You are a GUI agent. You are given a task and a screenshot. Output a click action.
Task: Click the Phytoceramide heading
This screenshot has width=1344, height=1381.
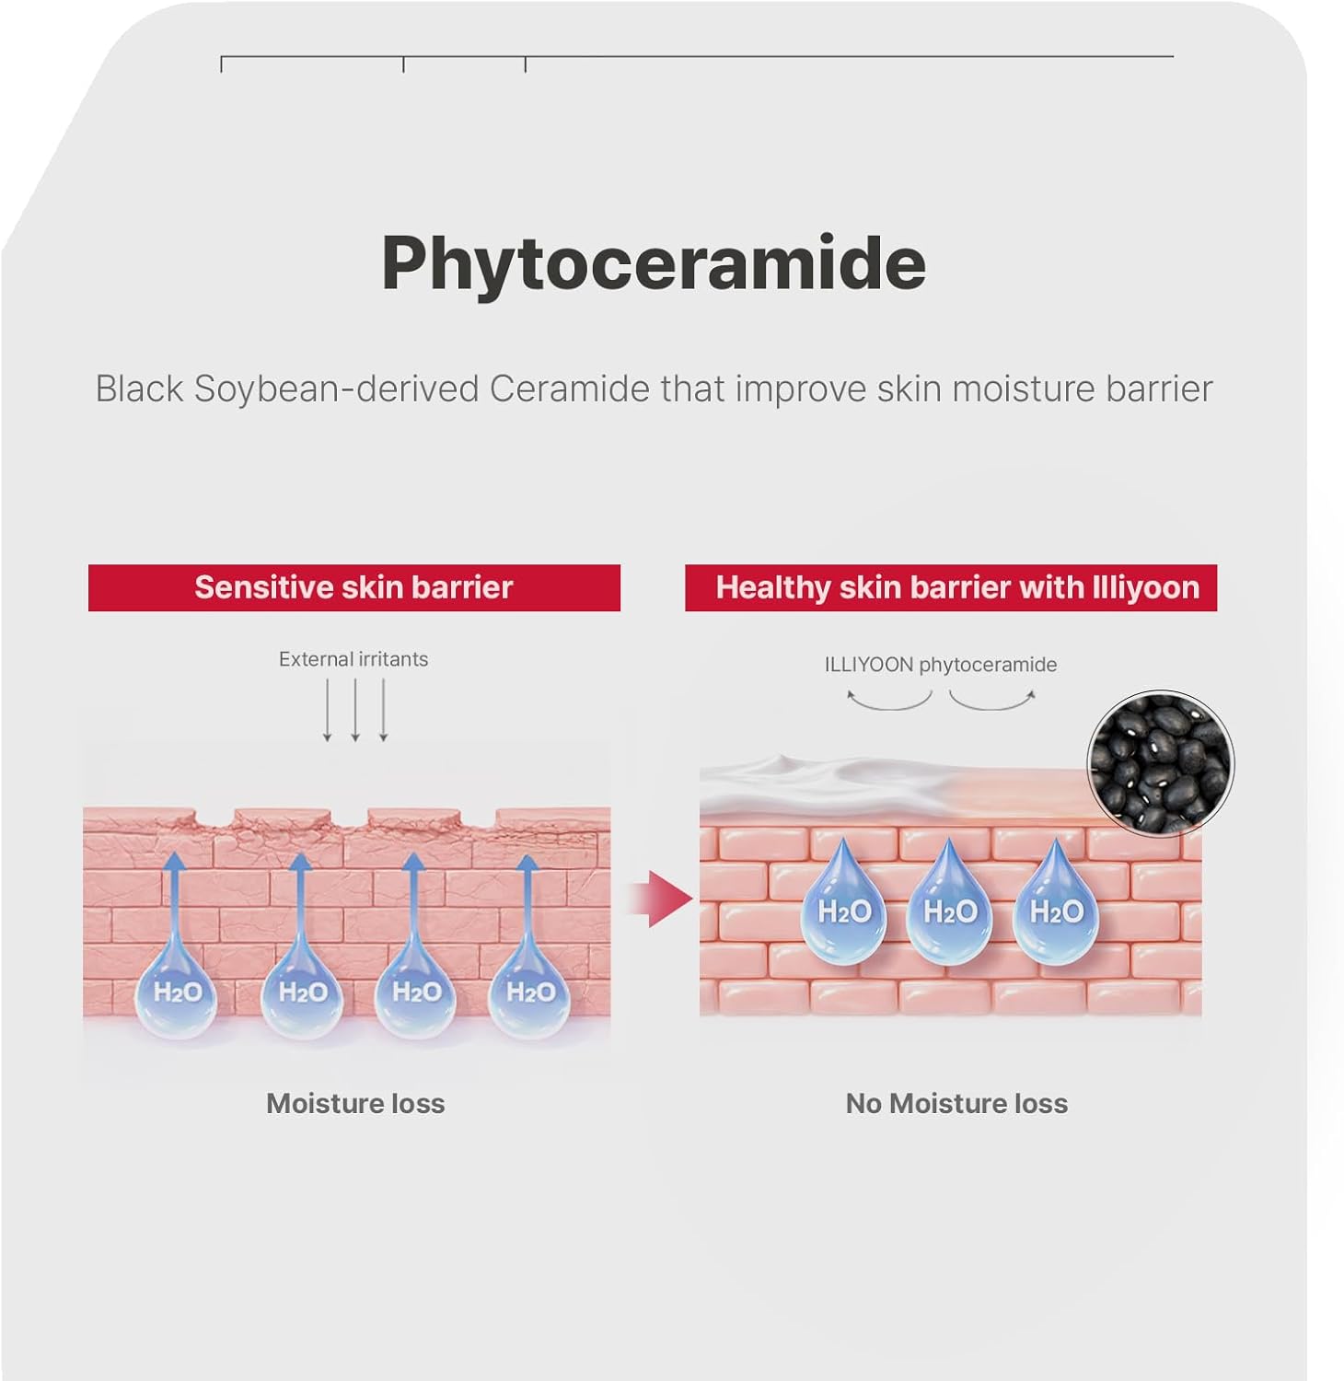coord(654,263)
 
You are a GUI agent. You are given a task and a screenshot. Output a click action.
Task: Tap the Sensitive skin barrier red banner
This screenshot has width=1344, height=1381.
coord(353,587)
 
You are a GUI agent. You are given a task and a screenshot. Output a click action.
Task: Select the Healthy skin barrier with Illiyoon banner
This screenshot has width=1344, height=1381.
coord(951,587)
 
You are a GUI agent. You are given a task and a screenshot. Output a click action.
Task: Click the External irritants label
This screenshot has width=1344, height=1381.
coord(353,659)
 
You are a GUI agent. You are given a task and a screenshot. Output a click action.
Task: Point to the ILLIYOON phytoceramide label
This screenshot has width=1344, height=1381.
coord(940,665)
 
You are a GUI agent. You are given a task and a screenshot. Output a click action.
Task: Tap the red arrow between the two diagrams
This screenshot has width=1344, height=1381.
coord(663,898)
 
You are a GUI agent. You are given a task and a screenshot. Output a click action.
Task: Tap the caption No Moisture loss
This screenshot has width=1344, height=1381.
coord(956,1103)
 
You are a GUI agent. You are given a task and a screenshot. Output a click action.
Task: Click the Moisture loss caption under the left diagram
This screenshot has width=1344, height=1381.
coord(355,1103)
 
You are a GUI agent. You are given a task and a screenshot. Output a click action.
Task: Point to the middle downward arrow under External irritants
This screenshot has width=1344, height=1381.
coord(355,710)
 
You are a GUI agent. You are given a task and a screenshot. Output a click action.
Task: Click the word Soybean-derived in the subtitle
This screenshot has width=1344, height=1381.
coord(336,389)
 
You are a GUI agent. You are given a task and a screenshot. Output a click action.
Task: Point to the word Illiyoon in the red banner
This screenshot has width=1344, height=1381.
coord(1145,587)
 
